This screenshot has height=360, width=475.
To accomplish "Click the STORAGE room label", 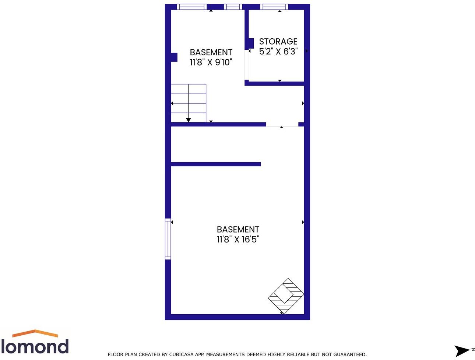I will [x=278, y=42].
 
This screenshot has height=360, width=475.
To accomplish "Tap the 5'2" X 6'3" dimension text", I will [x=278, y=52].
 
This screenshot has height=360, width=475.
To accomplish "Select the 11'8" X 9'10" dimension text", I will [x=211, y=62].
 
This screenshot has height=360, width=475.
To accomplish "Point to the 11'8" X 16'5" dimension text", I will [x=238, y=240].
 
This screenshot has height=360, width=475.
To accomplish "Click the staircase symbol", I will [x=189, y=103].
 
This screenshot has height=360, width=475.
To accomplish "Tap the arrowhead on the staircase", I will [x=189, y=120].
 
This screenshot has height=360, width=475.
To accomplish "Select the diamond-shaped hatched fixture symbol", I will [x=286, y=296].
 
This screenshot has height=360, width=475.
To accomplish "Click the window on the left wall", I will [x=168, y=239].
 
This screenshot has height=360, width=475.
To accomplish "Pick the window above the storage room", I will [x=274, y=7].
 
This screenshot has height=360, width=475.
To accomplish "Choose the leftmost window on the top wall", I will [x=191, y=7].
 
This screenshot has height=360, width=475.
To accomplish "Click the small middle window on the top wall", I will [x=233, y=7].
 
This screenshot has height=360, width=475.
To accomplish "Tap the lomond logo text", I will [x=35, y=347].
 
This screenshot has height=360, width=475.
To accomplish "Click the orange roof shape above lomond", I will [x=35, y=333].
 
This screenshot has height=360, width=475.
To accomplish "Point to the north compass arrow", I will [x=462, y=350].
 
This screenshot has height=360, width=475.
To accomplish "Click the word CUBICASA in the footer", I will [x=181, y=354].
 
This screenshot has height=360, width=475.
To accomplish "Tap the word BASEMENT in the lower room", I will [x=238, y=230].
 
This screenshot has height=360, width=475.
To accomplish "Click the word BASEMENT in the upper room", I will [x=211, y=52].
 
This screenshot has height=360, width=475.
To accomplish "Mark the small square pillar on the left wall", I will [x=174, y=57].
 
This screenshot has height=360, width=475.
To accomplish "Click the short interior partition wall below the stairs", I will [x=216, y=164].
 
